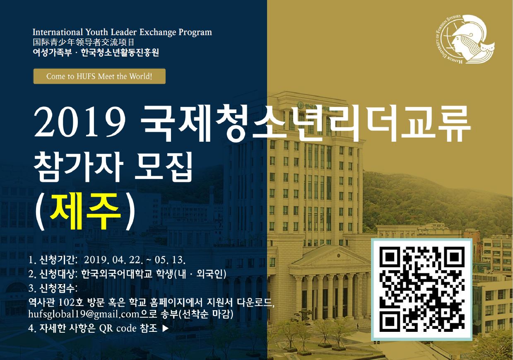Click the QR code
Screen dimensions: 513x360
(x=421, y=289)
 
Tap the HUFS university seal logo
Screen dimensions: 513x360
(x=465, y=39)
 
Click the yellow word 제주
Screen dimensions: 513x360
(x=85, y=211)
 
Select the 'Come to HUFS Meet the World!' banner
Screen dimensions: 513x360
(x=99, y=76)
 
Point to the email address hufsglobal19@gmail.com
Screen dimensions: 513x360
(x=84, y=314)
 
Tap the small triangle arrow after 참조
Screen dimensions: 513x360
(x=165, y=329)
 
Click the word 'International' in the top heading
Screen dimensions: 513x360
(x=58, y=32)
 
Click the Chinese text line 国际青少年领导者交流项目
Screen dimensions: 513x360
(x=83, y=42)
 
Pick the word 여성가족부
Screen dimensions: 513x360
(x=52, y=53)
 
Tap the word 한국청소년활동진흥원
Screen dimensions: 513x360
(x=120, y=53)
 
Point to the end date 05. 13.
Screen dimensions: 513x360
(x=170, y=260)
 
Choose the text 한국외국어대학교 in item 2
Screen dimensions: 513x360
(x=117, y=274)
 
